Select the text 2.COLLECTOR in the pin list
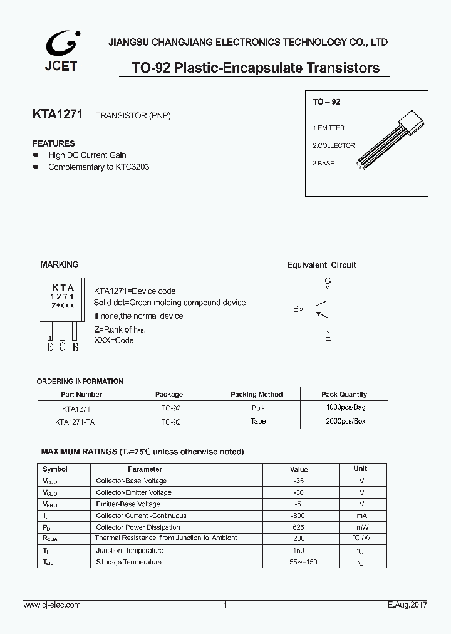334,145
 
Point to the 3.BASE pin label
323,163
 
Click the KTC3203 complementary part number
132,167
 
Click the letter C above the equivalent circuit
328,281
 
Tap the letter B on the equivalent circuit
296,309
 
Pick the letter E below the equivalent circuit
328,338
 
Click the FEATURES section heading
54,143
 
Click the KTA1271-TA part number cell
75,422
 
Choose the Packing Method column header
256,394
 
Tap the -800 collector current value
299,516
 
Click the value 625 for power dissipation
299,527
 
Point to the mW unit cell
361,527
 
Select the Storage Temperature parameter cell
128,562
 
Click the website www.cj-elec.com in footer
52,605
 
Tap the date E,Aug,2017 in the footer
407,605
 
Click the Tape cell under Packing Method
258,422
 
